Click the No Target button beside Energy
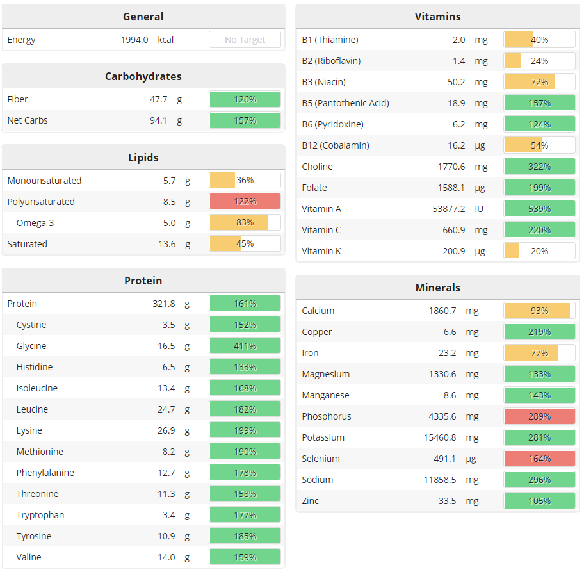[245, 40]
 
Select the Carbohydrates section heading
[143, 76]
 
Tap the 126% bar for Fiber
[245, 99]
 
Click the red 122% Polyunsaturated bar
[245, 202]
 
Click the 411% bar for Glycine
[245, 346]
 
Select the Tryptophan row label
[40, 515]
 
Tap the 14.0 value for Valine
[166, 557]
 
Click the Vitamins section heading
[438, 17]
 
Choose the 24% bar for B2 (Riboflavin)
[539, 61]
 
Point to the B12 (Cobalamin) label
[336, 145]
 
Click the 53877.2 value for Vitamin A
[449, 209]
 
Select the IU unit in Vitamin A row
[479, 209]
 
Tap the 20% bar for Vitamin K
[539, 251]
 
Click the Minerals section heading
[438, 288]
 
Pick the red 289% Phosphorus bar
[539, 416]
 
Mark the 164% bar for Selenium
[539, 459]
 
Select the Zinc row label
[311, 501]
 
